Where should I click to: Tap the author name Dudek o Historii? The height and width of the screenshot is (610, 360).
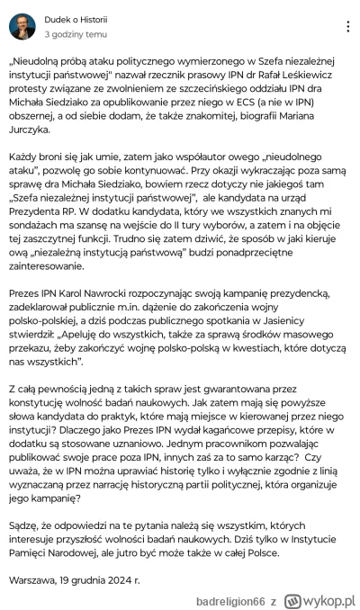coord(76,19)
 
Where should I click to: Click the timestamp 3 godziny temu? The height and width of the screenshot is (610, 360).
coord(77,33)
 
